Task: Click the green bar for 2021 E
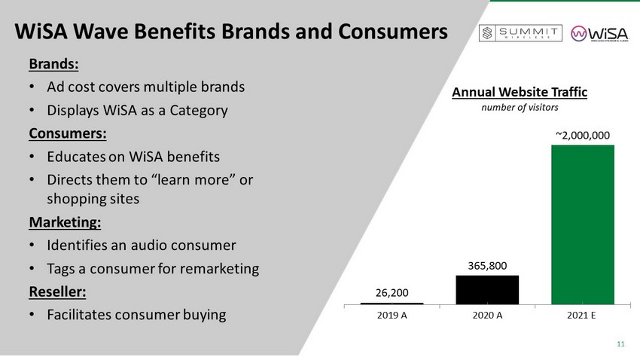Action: click(583, 224)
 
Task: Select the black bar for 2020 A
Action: click(487, 289)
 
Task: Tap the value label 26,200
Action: click(392, 291)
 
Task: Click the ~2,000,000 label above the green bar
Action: click(583, 135)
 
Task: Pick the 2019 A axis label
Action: click(392, 315)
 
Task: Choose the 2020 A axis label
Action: click(487, 315)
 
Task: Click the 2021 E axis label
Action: click(583, 315)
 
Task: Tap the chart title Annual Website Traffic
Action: click(519, 93)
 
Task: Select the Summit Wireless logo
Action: click(521, 33)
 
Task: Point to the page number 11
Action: click(620, 345)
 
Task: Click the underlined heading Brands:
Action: click(53, 63)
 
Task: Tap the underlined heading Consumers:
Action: click(68, 134)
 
